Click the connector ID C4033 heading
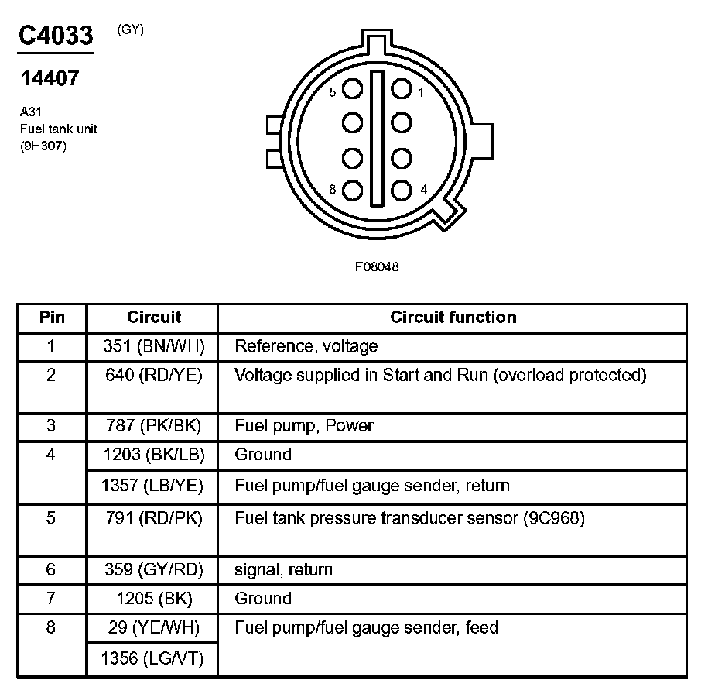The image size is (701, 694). click(56, 36)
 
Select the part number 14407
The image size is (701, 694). click(49, 78)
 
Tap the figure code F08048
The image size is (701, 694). click(377, 266)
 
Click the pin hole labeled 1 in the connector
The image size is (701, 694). click(401, 89)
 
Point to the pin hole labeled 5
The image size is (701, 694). click(352, 90)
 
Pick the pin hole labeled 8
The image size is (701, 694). click(352, 190)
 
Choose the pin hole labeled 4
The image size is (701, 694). click(401, 190)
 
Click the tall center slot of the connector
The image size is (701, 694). click(377, 139)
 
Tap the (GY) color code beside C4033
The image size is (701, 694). click(130, 30)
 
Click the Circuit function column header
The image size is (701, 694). click(453, 317)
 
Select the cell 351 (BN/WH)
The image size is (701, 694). click(152, 346)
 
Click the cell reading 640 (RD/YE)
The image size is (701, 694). click(152, 376)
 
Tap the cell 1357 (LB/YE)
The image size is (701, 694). click(152, 486)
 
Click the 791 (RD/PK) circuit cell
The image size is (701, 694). click(152, 518)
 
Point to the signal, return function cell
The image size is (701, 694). click(283, 570)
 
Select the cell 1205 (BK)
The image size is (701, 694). click(152, 599)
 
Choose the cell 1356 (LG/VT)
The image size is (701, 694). click(152, 659)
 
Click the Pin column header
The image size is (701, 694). click(52, 317)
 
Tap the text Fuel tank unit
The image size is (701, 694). click(59, 129)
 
